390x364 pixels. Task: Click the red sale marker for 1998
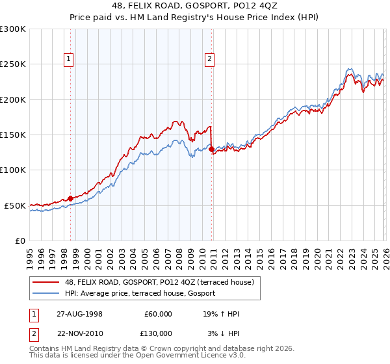(x=71, y=198)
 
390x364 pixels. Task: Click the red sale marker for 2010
(x=212, y=149)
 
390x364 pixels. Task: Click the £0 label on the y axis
(x=19, y=240)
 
